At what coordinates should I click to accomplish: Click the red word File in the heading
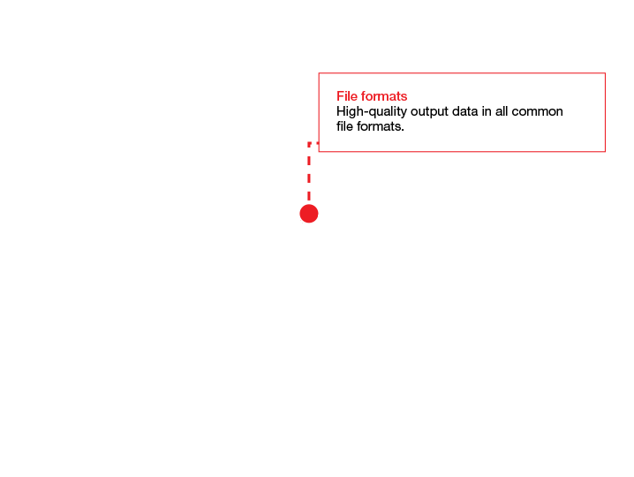point(346,96)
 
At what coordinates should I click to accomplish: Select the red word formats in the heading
point(384,96)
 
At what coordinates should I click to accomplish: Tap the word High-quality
point(372,111)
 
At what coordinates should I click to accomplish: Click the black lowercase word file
point(345,126)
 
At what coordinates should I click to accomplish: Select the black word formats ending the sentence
point(379,126)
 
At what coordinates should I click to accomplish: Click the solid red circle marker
point(309,214)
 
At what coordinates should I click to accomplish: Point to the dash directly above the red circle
point(309,194)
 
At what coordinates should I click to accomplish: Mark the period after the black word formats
point(403,130)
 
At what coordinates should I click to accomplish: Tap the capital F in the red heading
point(340,96)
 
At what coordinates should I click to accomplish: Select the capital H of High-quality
point(341,111)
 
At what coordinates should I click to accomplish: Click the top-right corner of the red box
point(605,73)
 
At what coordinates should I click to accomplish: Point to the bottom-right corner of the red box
point(605,152)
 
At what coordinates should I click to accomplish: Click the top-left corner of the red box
point(319,73)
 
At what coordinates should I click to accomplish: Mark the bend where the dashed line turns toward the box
point(309,143)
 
